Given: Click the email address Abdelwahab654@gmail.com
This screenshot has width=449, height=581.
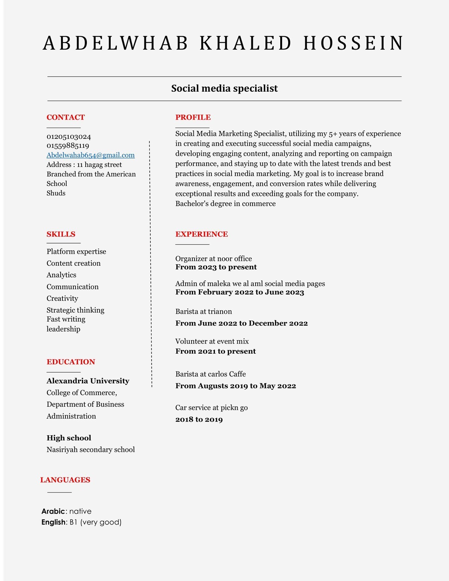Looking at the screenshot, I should (91, 155).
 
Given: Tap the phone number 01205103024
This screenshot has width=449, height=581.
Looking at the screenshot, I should (69, 137).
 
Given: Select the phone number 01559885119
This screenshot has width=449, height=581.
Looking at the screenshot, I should (68, 146).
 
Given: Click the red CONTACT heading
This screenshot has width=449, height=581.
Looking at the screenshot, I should (65, 117).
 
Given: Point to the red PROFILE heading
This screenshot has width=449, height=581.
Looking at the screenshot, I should (193, 117).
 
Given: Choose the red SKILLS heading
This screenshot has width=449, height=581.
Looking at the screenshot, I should (61, 234).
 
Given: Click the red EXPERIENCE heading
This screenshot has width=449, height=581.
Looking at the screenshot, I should (202, 234).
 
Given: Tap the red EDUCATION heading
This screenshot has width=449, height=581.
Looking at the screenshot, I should (71, 362).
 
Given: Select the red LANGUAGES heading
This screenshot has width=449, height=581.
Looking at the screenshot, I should (65, 480).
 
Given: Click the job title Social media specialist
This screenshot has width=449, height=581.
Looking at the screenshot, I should (224, 89).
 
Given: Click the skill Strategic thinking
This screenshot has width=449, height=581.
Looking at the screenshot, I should (75, 310).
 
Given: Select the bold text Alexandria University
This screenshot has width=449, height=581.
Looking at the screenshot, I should (88, 381).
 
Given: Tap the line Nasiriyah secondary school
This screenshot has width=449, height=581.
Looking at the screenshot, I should (91, 450).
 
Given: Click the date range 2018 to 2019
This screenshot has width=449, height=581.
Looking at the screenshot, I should (199, 419).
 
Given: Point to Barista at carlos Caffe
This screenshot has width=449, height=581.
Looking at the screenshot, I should (211, 374).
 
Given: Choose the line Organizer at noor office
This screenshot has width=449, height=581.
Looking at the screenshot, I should (214, 259).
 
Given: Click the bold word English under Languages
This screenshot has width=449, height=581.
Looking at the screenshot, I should (54, 522).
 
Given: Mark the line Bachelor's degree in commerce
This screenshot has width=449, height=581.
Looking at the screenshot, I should (226, 204).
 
